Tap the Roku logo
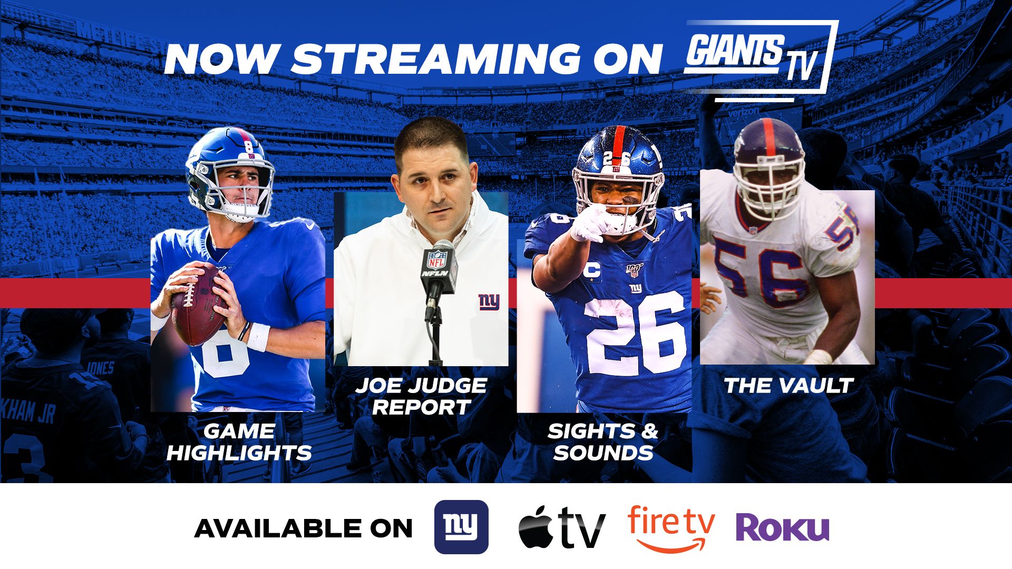pyautogui.click(x=782, y=528)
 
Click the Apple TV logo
pyautogui.click(x=562, y=527)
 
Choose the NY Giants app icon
pyautogui.click(x=461, y=527)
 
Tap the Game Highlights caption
pyautogui.click(x=239, y=442)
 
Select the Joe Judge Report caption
pyautogui.click(x=421, y=396)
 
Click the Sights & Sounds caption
pyautogui.click(x=603, y=442)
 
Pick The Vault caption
pyautogui.click(x=789, y=386)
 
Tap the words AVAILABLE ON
pyautogui.click(x=303, y=528)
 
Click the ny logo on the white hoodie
pyautogui.click(x=489, y=301)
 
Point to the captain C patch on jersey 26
pyautogui.click(x=593, y=270)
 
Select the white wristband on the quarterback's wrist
pyautogui.click(x=258, y=338)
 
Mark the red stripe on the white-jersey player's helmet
pyautogui.click(x=769, y=136)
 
